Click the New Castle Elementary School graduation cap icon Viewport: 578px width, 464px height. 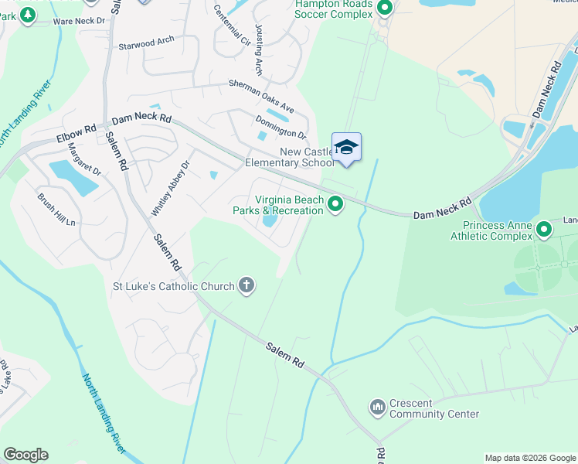pyautogui.click(x=346, y=147)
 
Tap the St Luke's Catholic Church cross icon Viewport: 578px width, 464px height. pyautogui.click(x=246, y=286)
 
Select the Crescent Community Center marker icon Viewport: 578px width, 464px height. pyautogui.click(x=377, y=406)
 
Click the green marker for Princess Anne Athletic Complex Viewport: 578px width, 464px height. pyautogui.click(x=544, y=229)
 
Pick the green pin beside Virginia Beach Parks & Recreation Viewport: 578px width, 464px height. pyautogui.click(x=335, y=204)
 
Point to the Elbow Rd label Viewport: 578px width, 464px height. pyautogui.click(x=76, y=132)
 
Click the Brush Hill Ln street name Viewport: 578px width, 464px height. pyautogui.click(x=56, y=209)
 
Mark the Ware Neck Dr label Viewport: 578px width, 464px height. pyautogui.click(x=78, y=21)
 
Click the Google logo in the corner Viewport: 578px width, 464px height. pyautogui.click(x=25, y=455)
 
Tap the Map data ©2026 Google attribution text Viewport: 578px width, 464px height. pyautogui.click(x=529, y=458)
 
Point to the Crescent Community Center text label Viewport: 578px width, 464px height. pyautogui.click(x=434, y=408)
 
